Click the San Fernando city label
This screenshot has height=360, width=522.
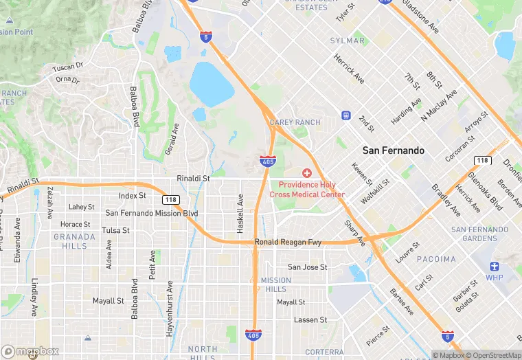tap(393, 150)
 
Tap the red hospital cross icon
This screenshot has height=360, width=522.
tap(307, 174)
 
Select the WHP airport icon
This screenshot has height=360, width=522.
tap(494, 267)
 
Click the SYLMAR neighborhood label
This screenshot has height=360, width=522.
tap(348, 41)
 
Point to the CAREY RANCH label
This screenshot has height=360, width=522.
tap(295, 122)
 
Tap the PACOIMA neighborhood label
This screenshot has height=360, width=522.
tap(435, 259)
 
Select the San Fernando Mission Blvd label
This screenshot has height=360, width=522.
tap(151, 214)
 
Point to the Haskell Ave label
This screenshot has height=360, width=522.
tap(240, 213)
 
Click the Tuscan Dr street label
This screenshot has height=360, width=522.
tap(68, 67)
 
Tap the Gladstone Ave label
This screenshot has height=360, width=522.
tap(420, 16)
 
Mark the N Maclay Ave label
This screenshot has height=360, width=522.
tap(439, 104)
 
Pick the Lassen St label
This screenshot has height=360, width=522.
tap(310, 320)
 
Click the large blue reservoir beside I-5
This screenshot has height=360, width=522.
tap(211, 83)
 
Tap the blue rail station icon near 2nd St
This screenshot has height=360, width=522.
tap(345, 115)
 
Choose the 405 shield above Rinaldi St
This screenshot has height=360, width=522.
tap(269, 161)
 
